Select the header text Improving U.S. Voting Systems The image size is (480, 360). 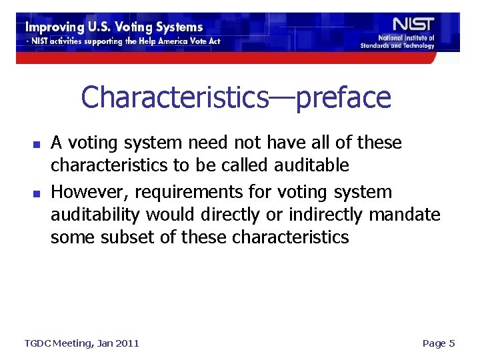[x=114, y=27]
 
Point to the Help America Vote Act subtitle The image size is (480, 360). [x=123, y=41]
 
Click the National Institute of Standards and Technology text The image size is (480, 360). [x=397, y=42]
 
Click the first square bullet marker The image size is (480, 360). [x=37, y=144]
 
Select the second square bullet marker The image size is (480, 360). [x=37, y=193]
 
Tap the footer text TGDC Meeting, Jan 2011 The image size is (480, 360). [x=82, y=343]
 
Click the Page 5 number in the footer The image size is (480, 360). [x=438, y=343]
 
